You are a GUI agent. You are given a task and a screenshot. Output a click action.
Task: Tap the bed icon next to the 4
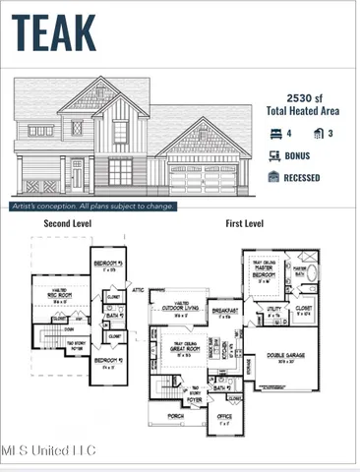pyautogui.click(x=274, y=134)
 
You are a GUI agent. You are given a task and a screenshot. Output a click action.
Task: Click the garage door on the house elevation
pyautogui.click(x=204, y=182)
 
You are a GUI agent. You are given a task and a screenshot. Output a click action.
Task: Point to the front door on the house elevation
pyautogui.click(x=77, y=177)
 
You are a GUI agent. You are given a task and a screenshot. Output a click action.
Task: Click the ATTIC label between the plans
pyautogui.click(x=137, y=290)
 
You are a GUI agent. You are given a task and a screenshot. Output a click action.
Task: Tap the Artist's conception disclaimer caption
pyautogui.click(x=93, y=206)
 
